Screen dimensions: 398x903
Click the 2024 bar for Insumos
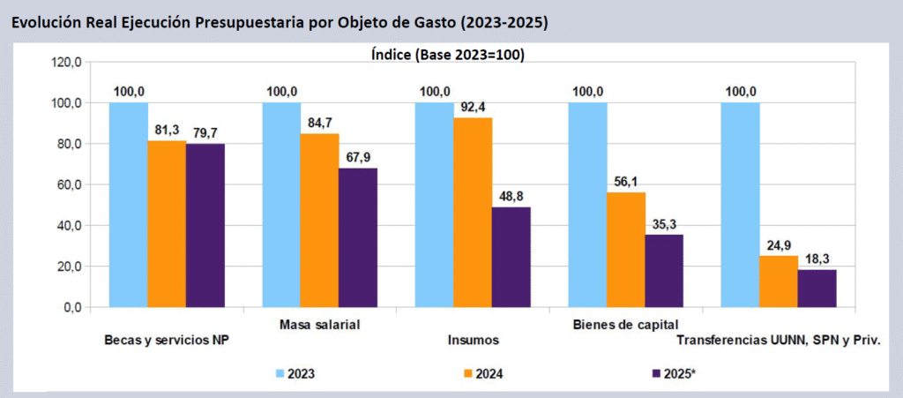click(x=473, y=212)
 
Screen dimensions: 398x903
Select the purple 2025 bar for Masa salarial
click(x=358, y=237)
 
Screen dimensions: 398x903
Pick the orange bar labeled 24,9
click(x=779, y=282)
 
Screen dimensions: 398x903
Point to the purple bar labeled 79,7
click(x=205, y=225)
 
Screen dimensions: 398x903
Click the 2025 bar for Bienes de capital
click(x=664, y=271)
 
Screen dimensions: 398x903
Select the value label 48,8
click(x=512, y=195)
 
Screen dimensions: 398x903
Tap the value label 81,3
click(x=167, y=129)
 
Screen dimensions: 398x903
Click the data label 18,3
click(x=817, y=258)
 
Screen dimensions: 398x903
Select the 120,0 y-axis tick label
click(x=66, y=62)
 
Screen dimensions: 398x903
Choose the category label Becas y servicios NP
click(x=168, y=340)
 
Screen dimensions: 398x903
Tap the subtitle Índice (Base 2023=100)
click(x=447, y=55)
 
